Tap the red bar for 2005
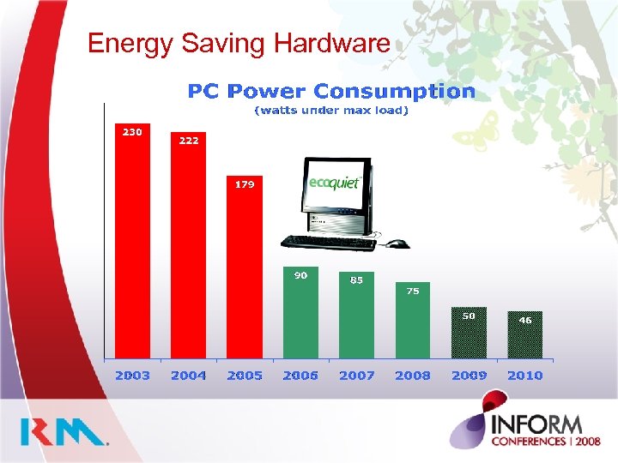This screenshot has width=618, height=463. point(245,270)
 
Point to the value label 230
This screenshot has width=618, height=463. point(132,132)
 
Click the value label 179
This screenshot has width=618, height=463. point(245,184)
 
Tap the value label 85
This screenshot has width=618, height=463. point(356,280)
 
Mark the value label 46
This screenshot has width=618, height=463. point(524,320)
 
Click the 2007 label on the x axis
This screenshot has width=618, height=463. point(356,376)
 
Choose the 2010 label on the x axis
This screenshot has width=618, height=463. point(524,376)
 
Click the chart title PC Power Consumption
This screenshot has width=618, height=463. point(331,91)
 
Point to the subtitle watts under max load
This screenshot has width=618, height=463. point(331,111)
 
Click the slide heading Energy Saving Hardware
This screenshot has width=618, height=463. point(239,43)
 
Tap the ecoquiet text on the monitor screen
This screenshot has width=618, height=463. point(334,184)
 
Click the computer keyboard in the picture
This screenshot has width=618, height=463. point(328,243)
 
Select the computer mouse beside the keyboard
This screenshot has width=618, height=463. point(396,244)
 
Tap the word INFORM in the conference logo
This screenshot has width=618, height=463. point(537,424)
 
